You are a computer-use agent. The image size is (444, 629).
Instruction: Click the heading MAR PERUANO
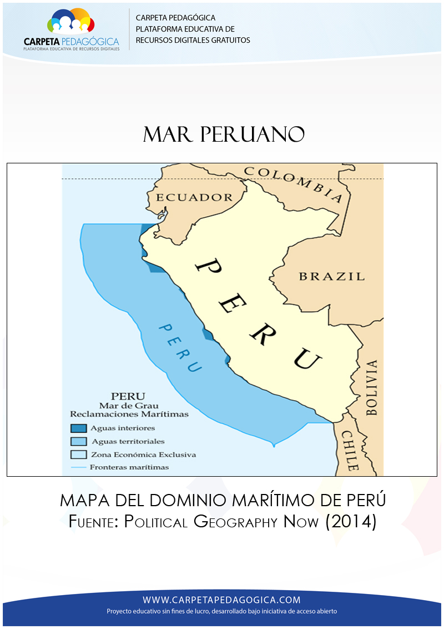coord(224,134)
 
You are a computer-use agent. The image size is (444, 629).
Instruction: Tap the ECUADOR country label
coord(194,197)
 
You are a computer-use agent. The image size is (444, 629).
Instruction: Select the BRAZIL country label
coord(331,276)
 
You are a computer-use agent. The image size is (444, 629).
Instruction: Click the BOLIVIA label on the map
coord(371,388)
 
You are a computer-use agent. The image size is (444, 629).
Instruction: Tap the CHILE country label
coord(349,450)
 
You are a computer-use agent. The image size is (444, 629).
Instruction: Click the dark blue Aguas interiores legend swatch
coord(79,428)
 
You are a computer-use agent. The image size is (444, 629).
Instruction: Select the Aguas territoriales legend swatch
coord(79,441)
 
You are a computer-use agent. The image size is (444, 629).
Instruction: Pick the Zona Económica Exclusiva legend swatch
coord(79,454)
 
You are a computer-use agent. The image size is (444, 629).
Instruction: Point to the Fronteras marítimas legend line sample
coord(79,467)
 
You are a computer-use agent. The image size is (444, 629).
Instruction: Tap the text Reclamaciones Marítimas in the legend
coord(129,414)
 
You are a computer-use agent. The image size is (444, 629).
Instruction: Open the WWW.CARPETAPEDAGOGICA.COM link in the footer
coord(221,600)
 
